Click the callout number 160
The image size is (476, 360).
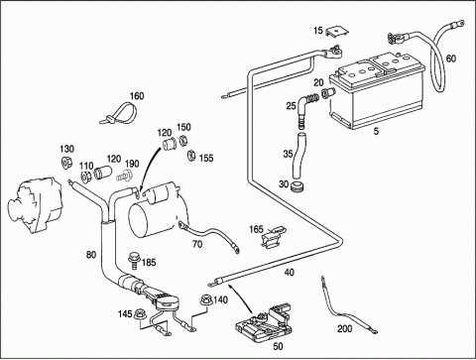click(x=137, y=96)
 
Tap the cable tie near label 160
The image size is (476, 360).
click(x=119, y=114)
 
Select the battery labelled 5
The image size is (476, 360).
click(x=377, y=90)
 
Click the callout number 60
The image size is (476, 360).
click(x=451, y=59)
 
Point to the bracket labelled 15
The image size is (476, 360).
click(x=337, y=32)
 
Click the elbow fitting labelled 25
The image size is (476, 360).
click(x=306, y=106)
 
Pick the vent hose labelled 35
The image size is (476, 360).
click(x=298, y=156)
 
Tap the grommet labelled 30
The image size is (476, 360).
click(x=297, y=185)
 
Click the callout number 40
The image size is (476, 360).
click(x=290, y=273)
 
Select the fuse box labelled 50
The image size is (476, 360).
click(x=264, y=321)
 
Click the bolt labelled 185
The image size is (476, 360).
click(x=134, y=261)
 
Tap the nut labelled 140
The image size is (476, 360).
click(x=205, y=300)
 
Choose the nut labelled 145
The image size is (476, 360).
click(x=140, y=314)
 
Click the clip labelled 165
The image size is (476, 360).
click(x=274, y=235)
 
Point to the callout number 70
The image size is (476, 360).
click(x=197, y=244)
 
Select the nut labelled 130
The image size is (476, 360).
click(x=66, y=164)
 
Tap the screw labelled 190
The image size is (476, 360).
click(x=125, y=176)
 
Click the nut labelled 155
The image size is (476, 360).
click(x=190, y=155)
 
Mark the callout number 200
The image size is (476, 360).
click(x=345, y=328)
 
